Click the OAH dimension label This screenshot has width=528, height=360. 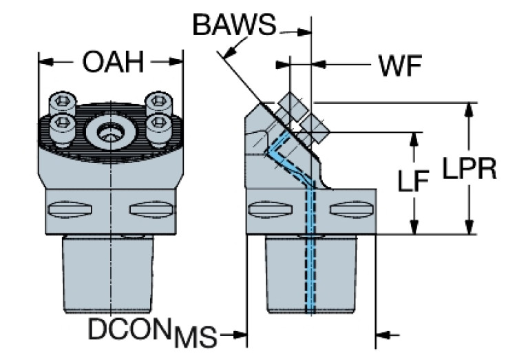click(112, 63)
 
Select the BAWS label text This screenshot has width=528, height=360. click(233, 25)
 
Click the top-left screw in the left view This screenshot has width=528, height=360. click(63, 103)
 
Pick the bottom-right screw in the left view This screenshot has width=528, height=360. click(159, 124)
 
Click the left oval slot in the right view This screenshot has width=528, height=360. click(263, 209)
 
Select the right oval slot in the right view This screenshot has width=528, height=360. click(348, 209)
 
